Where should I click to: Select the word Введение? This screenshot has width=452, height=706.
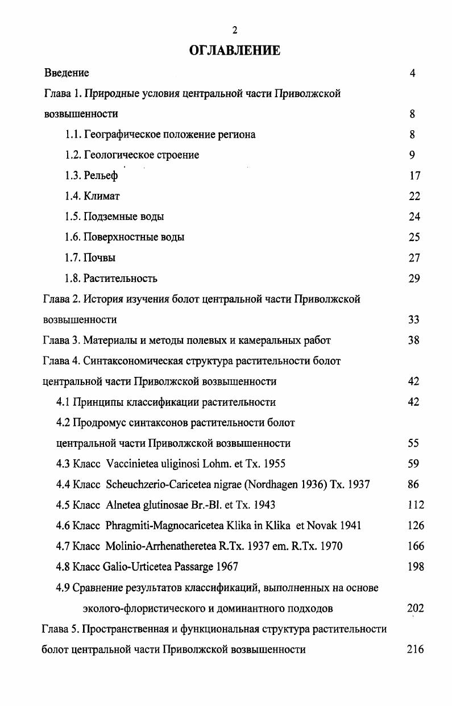67,73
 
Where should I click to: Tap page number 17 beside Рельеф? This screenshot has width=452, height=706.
414,176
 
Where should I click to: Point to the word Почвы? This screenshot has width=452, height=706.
99,258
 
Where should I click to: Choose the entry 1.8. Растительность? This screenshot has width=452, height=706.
111,279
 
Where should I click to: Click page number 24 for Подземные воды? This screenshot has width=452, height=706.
414,217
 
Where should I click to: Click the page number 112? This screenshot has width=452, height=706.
416,505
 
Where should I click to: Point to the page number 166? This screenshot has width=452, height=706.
416,546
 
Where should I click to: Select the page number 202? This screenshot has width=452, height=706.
416,608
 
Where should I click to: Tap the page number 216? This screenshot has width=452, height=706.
416,649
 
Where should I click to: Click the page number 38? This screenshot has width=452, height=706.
414,340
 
